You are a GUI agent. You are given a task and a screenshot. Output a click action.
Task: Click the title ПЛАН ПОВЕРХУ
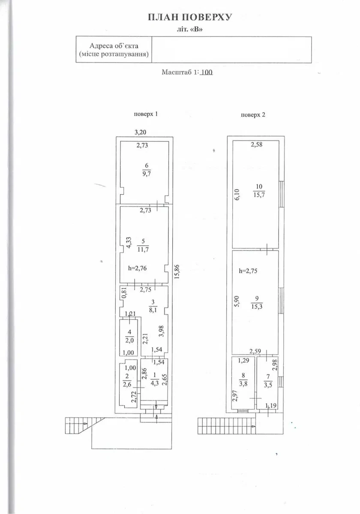coord(190,17)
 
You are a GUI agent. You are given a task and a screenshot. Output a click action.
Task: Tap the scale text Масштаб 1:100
coord(187,72)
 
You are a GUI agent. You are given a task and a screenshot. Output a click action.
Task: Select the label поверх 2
coord(253,115)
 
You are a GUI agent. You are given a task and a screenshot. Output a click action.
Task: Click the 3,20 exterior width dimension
coord(141,132)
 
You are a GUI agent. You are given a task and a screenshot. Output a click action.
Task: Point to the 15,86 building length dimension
coord(177,271)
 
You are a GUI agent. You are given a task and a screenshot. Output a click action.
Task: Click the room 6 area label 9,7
coord(147,174)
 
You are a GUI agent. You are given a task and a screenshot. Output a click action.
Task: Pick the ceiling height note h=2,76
coord(137,268)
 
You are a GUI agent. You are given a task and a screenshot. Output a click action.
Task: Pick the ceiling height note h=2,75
coord(249,271)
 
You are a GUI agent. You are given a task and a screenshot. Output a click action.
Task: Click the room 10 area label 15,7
coord(259,195)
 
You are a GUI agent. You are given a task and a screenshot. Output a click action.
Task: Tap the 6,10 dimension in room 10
coord(237,195)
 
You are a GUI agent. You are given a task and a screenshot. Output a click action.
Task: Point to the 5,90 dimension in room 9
coord(237,301)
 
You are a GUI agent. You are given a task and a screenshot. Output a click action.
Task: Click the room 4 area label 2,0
coord(129,340)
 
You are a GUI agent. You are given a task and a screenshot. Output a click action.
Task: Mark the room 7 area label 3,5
coord(267,385)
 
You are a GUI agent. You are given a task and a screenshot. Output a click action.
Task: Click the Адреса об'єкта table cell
coord(114,49)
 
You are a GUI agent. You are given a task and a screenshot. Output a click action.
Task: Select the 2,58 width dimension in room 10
coord(257,144)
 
